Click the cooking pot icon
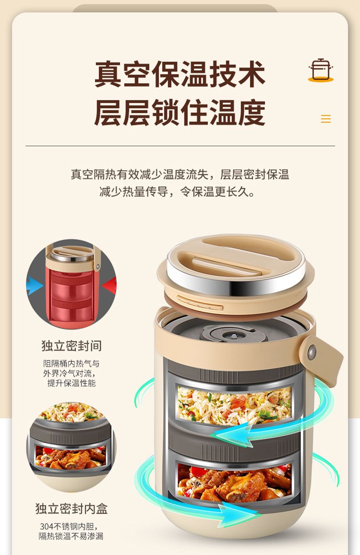tap(321, 70)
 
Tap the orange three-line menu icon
tap(325, 119)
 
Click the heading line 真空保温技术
tap(180, 74)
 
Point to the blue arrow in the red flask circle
tap(34, 285)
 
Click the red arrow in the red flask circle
tap(109, 285)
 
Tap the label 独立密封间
tap(72, 346)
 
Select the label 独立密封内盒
tap(72, 509)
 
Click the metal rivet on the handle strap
tap(312, 351)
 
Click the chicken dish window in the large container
tap(234, 482)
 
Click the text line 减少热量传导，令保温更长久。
tap(177, 191)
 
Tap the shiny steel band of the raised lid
tap(236, 282)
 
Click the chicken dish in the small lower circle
tap(71, 457)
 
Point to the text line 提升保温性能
tap(72, 383)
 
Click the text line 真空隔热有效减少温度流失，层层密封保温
tap(180, 175)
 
